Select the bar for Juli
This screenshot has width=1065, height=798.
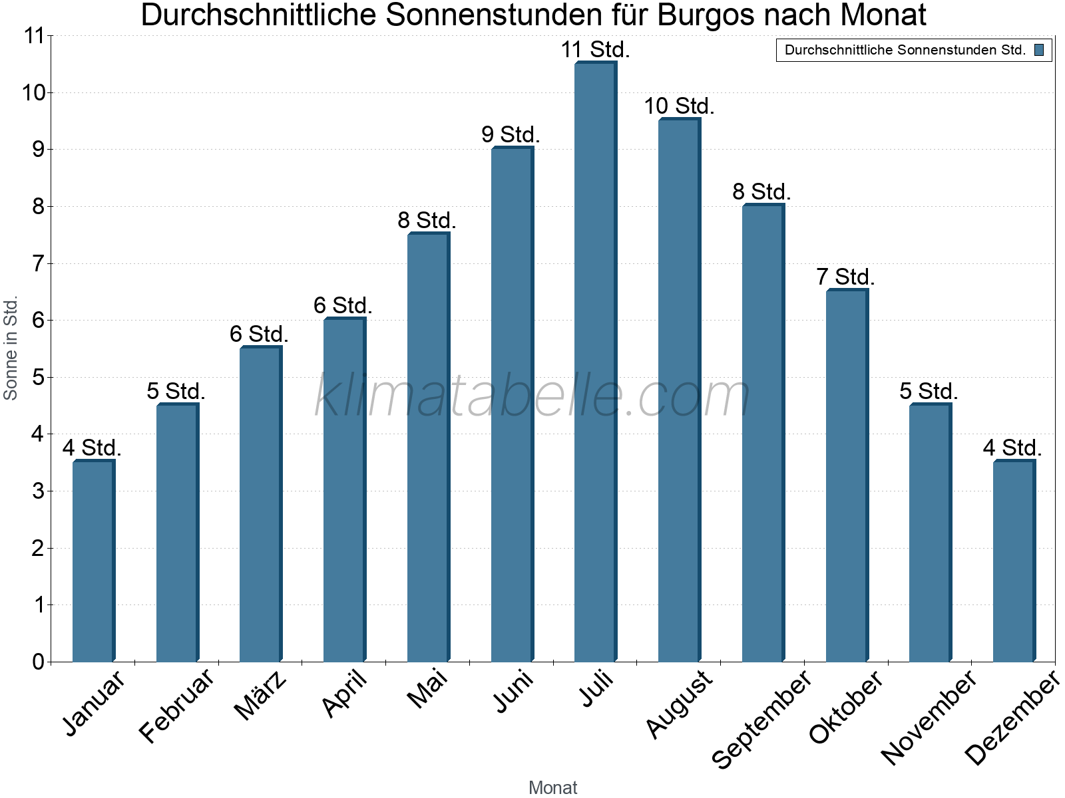click(x=596, y=362)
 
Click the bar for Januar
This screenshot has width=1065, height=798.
click(x=94, y=562)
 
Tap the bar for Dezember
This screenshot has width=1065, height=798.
click(x=1014, y=562)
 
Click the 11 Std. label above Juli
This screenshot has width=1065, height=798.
click(x=595, y=50)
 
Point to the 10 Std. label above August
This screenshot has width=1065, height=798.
click(x=679, y=106)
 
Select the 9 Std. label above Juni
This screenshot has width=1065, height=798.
click(x=511, y=135)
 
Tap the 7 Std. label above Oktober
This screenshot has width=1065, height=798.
click(x=845, y=277)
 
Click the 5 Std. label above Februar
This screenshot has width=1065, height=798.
click(x=176, y=392)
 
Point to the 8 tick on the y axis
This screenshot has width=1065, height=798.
click(x=37, y=207)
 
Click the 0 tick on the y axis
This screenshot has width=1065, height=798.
click(x=37, y=662)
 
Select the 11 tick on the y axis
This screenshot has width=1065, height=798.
click(x=33, y=36)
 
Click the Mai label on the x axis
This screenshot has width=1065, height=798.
click(x=428, y=690)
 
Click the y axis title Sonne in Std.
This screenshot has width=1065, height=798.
click(x=11, y=348)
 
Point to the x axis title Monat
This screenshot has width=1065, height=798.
click(x=552, y=787)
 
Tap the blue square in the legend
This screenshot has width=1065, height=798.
click(x=1039, y=50)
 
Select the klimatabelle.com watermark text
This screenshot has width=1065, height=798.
click(x=532, y=396)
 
